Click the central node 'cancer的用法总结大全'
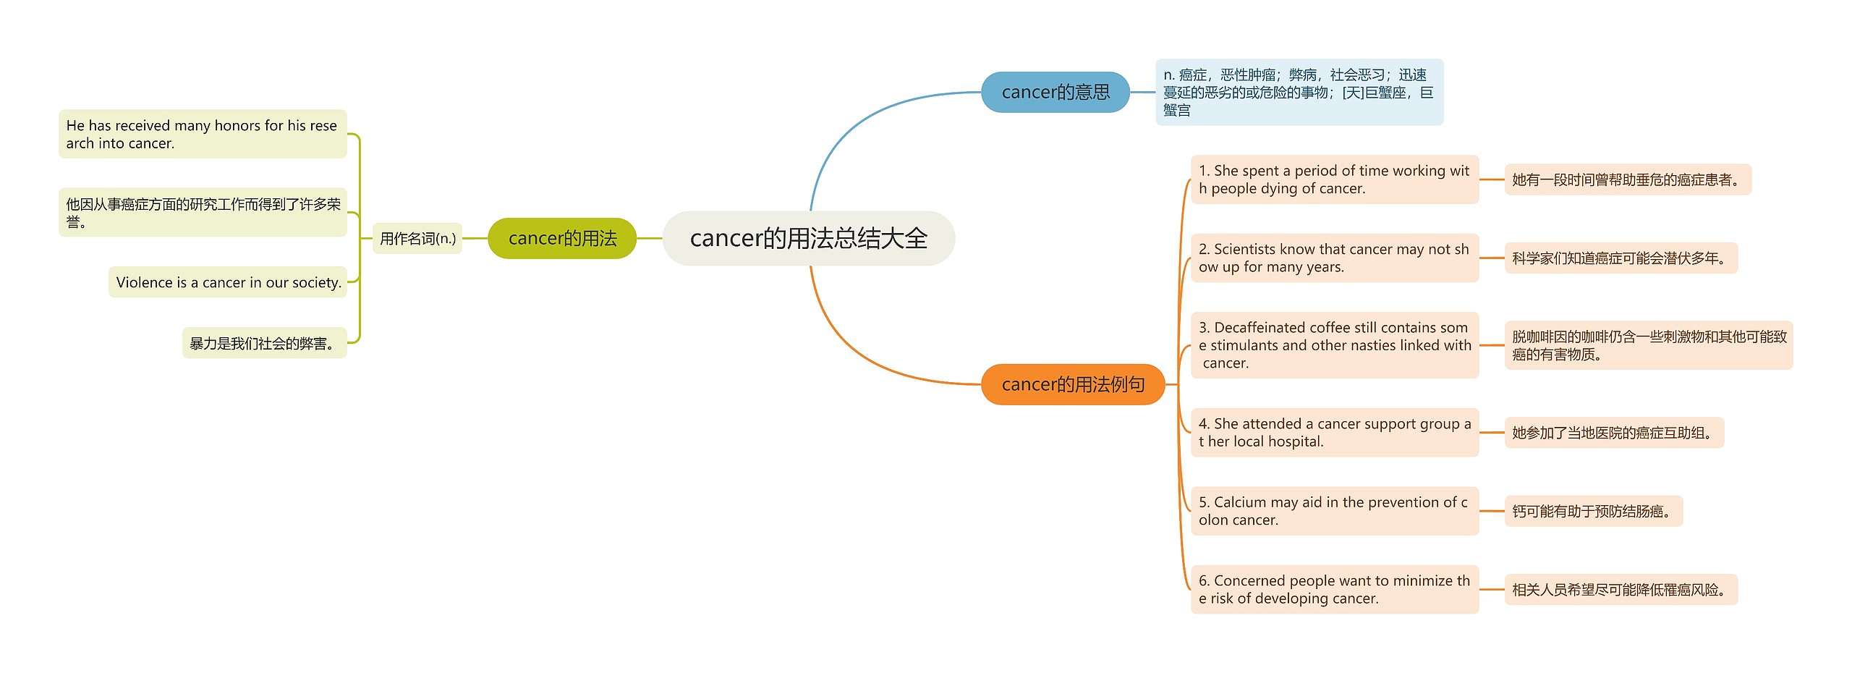coord(808,238)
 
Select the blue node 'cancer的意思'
coord(1055,92)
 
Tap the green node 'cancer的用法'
coord(562,238)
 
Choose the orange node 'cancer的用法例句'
coord(1072,384)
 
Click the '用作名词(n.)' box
coord(417,238)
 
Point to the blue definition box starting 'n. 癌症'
coord(1299,92)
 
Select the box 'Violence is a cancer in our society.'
coord(228,282)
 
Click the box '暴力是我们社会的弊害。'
coord(264,343)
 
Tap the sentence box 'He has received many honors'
coord(203,134)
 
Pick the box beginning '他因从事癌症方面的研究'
coord(203,213)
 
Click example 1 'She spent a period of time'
coord(1334,179)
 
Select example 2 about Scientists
coord(1334,258)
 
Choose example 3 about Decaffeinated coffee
coord(1334,345)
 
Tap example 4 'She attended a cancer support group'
coord(1334,433)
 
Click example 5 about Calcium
coord(1334,511)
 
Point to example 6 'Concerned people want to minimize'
coord(1334,589)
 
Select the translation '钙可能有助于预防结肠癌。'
coord(1593,511)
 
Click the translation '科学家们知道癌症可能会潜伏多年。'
coord(1620,258)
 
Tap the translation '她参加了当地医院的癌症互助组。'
coord(1613,433)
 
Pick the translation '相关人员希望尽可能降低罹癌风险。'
coord(1620,589)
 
